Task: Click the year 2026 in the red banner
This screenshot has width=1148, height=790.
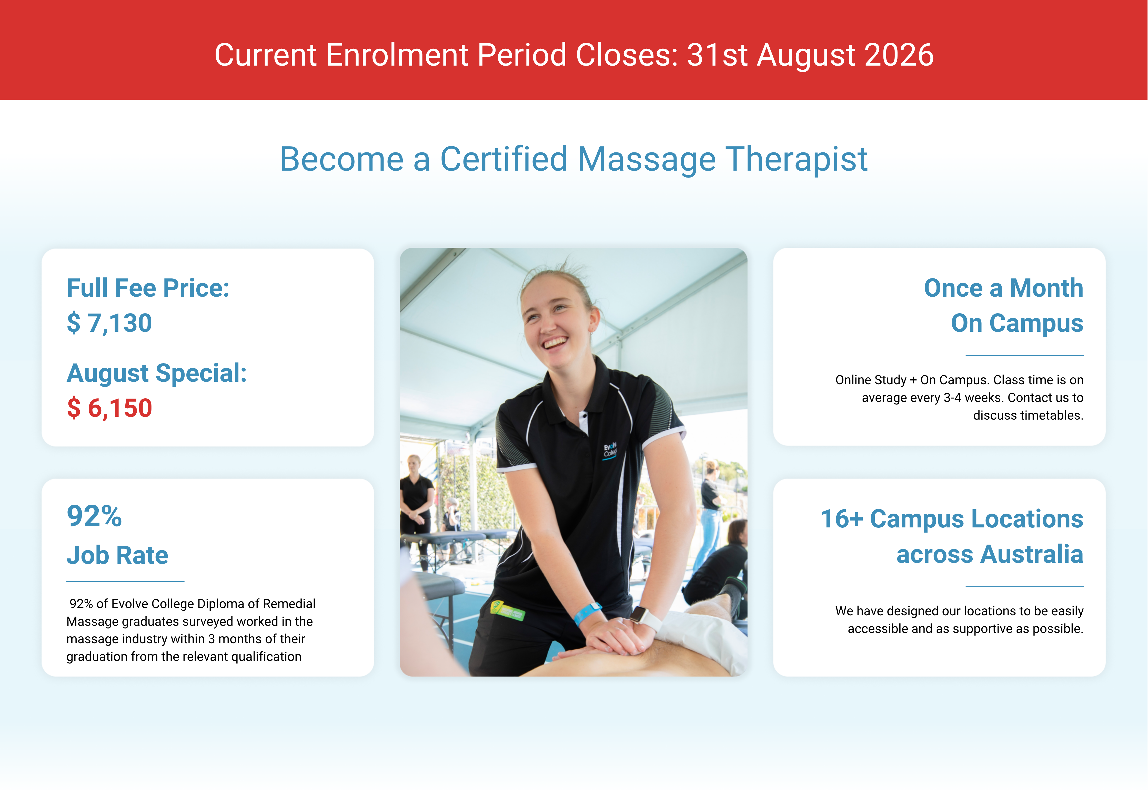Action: click(899, 55)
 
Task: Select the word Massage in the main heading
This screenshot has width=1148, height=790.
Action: click(647, 159)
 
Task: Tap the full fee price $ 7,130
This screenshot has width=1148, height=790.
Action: click(109, 323)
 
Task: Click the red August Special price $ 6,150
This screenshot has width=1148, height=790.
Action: click(109, 408)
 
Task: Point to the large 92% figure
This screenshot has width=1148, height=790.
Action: click(94, 516)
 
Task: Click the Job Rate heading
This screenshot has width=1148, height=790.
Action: click(117, 555)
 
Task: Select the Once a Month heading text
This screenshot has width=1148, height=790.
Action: click(1003, 288)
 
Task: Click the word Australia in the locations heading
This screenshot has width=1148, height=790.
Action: click(990, 554)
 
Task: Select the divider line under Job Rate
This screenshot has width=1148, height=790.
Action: click(125, 581)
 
